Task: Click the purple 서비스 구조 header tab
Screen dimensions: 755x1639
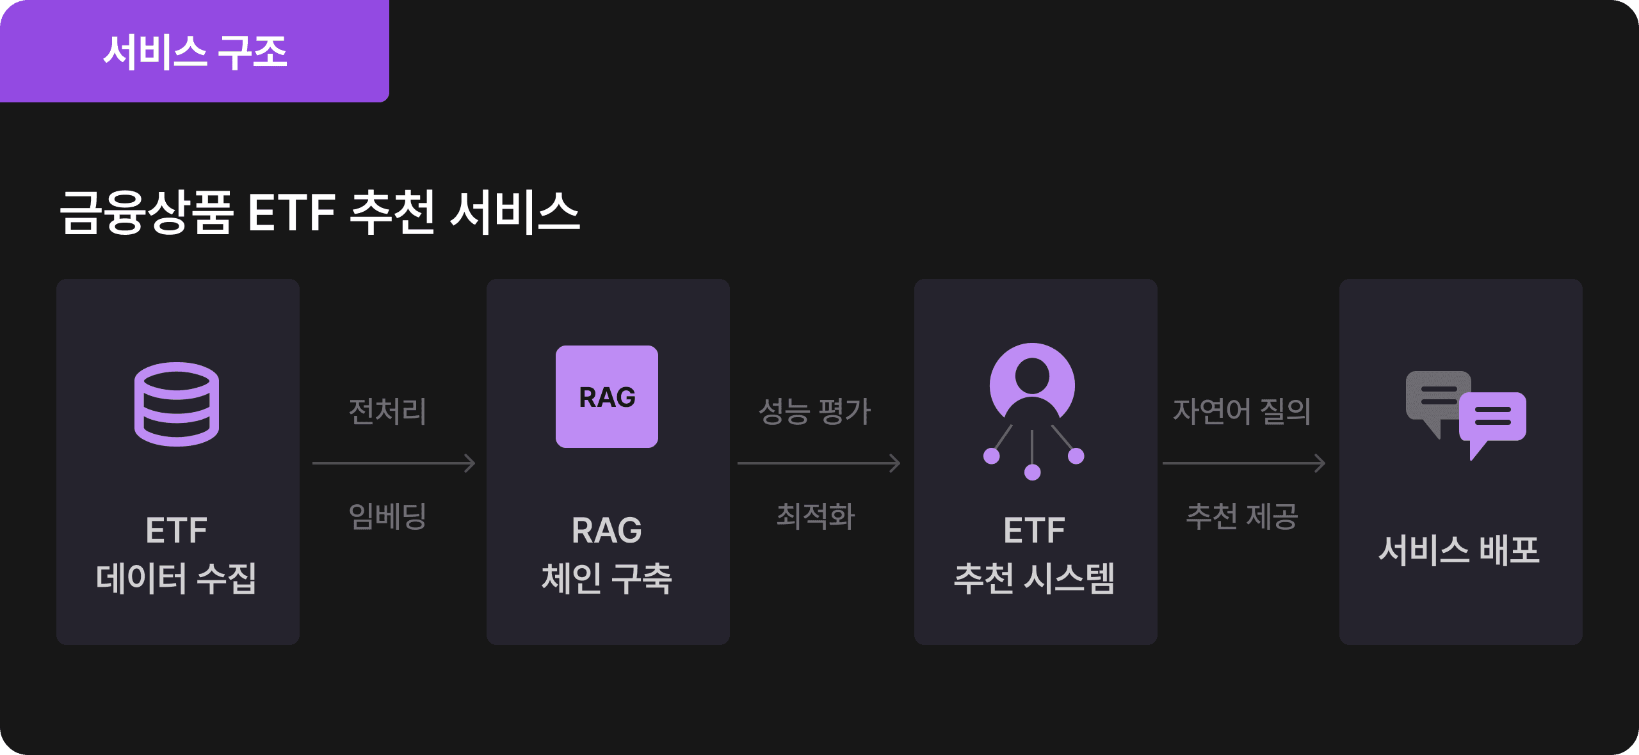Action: coord(194,51)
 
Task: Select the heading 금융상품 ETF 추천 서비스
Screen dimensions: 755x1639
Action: coord(319,212)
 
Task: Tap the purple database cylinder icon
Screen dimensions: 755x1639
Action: coord(177,404)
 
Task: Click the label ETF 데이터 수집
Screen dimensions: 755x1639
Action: coord(177,555)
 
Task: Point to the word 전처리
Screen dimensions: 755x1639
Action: coord(387,411)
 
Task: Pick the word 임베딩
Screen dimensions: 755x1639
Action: coord(387,516)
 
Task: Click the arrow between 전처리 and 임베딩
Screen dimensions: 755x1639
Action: coord(394,463)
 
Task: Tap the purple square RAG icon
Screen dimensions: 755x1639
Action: coord(607,397)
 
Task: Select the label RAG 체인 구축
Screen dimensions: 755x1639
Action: coord(607,555)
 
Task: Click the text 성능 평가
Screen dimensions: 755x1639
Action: coord(814,411)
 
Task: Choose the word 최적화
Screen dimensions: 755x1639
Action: coord(816,516)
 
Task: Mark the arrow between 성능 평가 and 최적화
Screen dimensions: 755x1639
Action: coord(819,463)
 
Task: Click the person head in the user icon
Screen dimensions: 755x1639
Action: coord(1032,376)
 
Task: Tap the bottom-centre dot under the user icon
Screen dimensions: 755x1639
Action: coord(1032,473)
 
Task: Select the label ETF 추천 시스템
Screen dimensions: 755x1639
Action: coord(1034,555)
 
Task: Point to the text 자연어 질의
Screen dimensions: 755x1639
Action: coord(1242,411)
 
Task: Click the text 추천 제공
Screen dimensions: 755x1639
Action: coord(1242,516)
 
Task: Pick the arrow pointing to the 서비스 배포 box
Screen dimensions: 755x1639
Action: coord(1244,463)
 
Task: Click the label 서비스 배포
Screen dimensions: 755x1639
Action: coord(1459,550)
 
